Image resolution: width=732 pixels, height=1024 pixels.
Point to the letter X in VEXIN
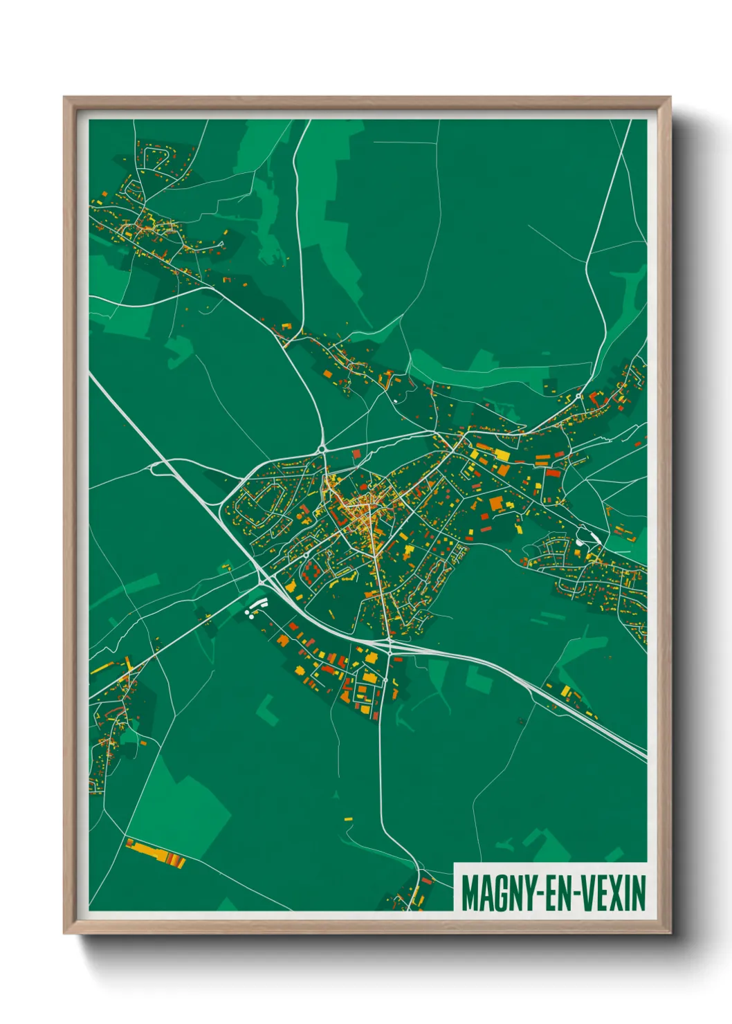pos(618,893)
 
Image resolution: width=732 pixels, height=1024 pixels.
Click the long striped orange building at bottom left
pos(156,852)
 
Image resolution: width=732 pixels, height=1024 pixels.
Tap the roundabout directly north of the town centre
pos(323,450)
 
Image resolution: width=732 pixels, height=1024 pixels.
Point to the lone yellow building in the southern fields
pos(348,819)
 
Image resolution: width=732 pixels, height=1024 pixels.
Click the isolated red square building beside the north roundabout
pos(357,453)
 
